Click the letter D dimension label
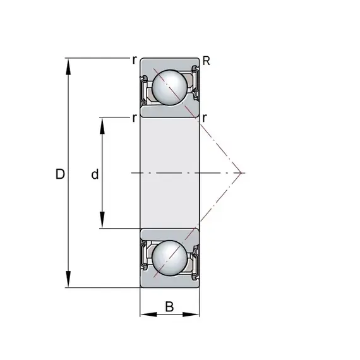(60, 174)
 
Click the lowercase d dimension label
(95, 174)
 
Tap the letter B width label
(169, 306)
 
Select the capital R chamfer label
(206, 61)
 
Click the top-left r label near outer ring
(135, 60)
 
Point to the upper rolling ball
(170, 88)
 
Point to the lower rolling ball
(170, 258)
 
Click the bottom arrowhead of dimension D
(68, 279)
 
